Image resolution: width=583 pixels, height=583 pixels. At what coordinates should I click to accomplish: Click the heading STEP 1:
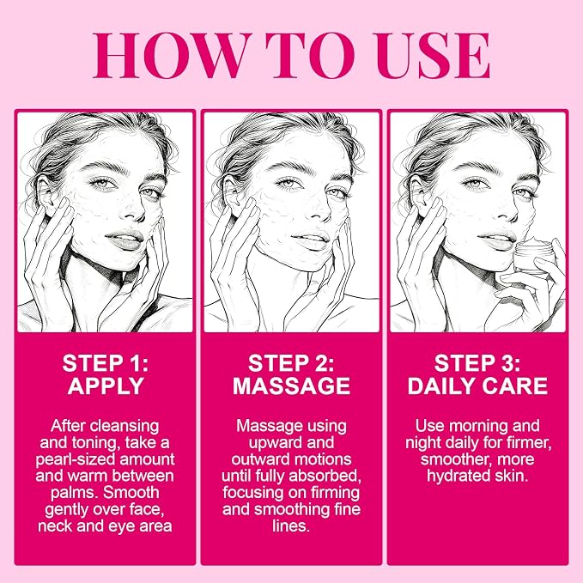coord(106,363)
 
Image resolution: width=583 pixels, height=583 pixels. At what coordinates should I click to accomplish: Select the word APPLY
coord(106,386)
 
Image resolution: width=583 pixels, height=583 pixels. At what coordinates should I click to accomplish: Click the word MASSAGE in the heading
coord(292,386)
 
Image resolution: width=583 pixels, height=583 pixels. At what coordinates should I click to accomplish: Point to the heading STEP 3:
coord(477,363)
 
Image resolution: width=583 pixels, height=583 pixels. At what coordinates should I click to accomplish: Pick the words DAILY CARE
coord(477,386)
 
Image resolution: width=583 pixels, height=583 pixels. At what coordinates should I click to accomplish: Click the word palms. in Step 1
coord(75,493)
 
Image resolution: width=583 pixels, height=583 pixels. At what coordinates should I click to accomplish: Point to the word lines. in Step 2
coord(291,526)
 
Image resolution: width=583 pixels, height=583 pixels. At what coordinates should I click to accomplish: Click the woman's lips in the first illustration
coord(125,240)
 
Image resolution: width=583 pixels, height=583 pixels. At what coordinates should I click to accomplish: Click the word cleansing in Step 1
coord(124,427)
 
